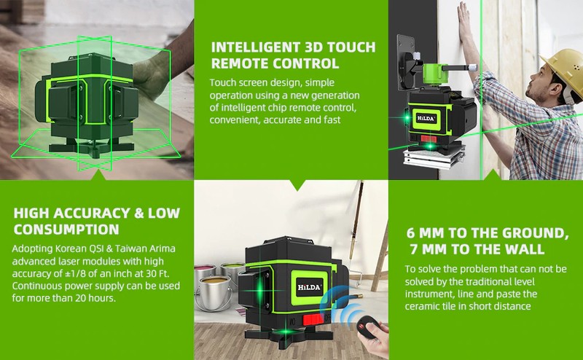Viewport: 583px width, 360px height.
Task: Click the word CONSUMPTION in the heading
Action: [66, 229]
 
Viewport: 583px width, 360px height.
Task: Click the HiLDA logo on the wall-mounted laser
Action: [426, 118]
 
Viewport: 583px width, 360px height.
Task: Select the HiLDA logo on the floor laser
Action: [309, 286]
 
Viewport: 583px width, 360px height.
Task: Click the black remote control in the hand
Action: [368, 327]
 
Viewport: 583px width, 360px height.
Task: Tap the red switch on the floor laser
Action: [313, 319]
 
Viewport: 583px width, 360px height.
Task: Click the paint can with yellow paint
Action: [214, 293]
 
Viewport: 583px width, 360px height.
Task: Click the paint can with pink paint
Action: [205, 273]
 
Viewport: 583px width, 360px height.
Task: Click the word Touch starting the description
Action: [223, 82]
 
